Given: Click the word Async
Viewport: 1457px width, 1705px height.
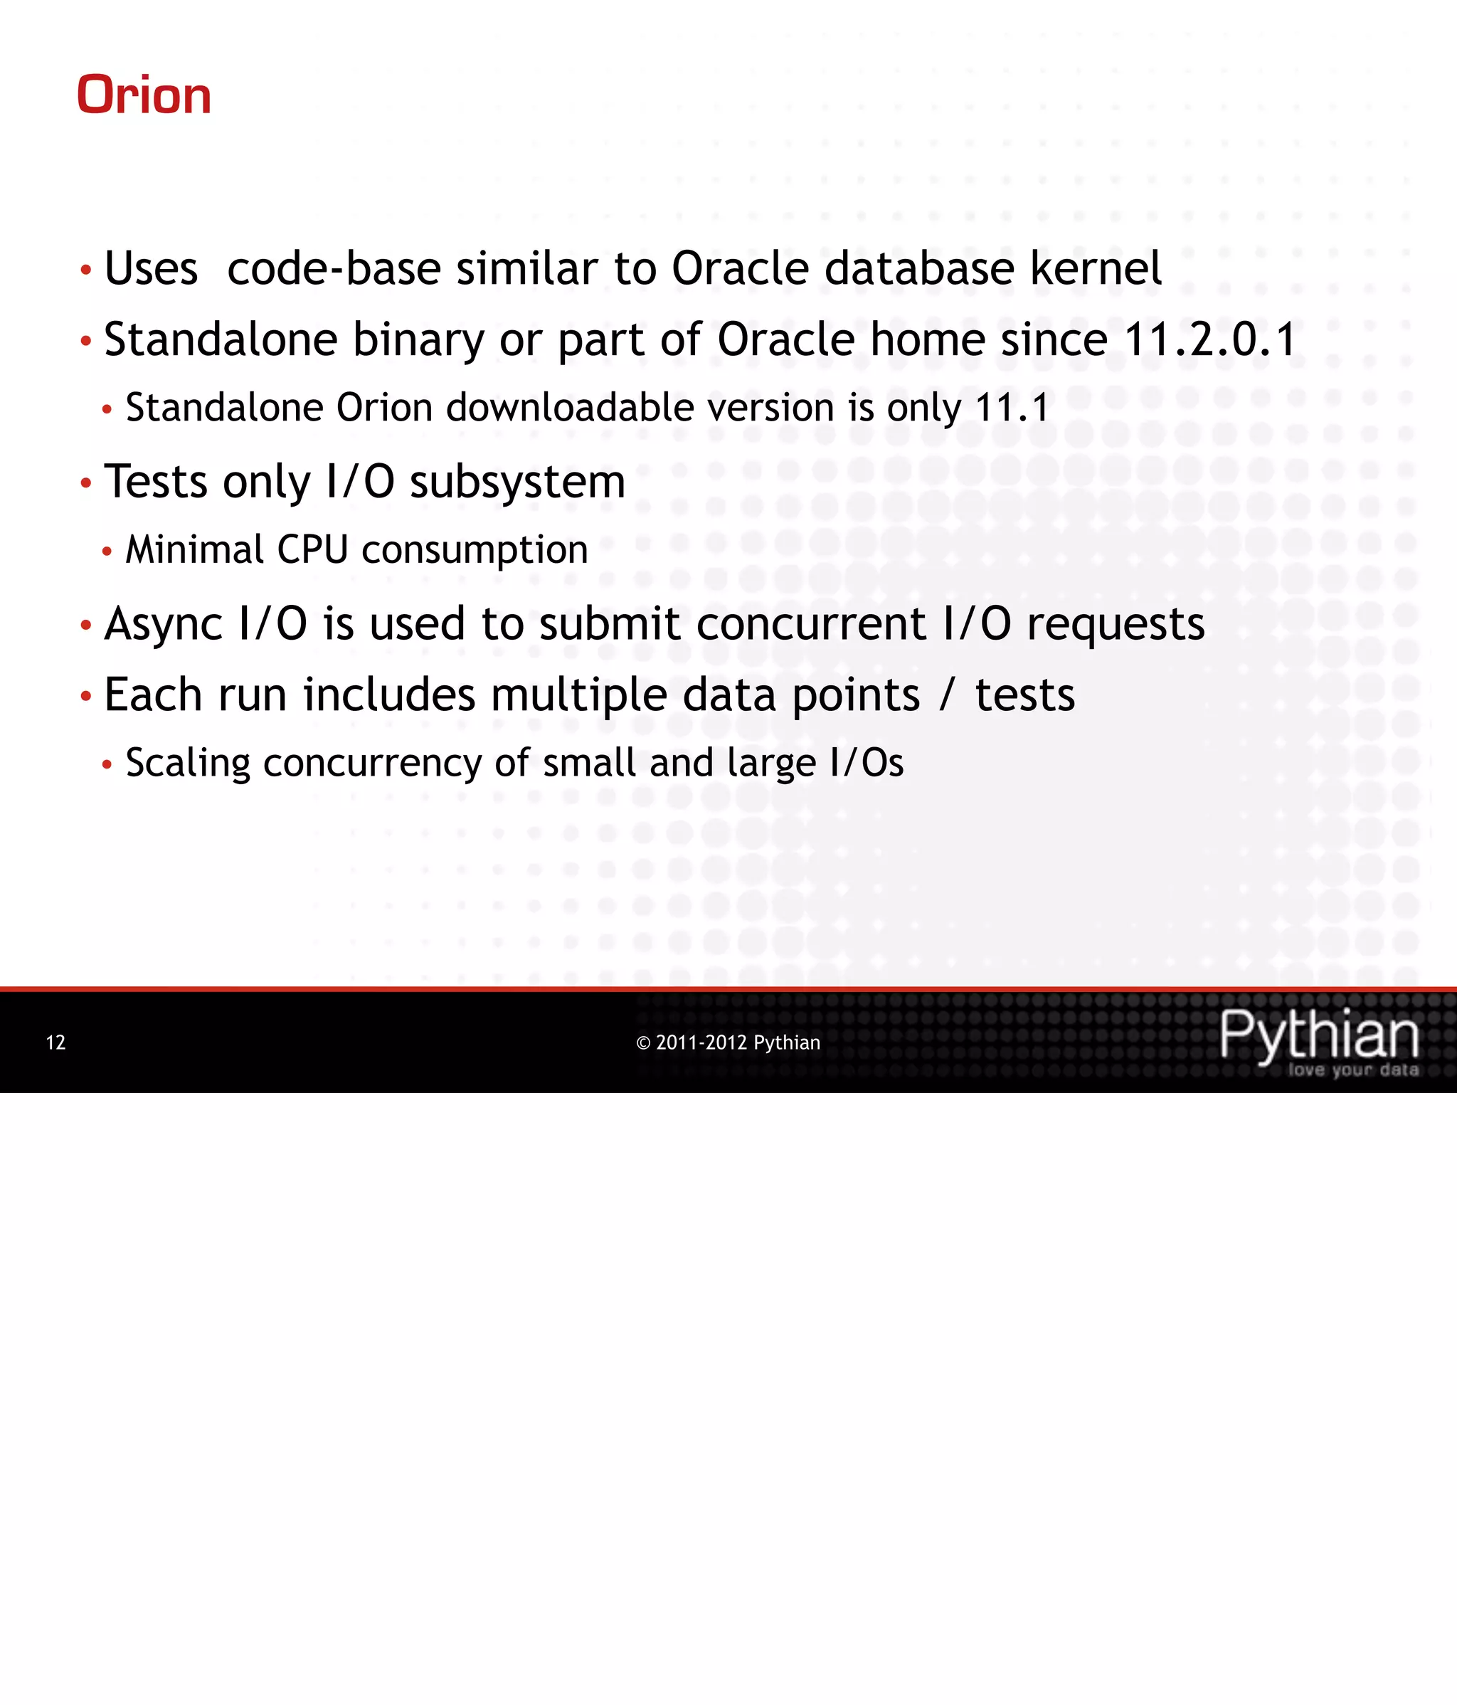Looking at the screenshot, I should pyautogui.click(x=163, y=624).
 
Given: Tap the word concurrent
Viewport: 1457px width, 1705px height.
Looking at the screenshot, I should pyautogui.click(x=810, y=624).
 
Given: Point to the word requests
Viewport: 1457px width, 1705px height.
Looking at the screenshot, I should pyautogui.click(x=1116, y=624).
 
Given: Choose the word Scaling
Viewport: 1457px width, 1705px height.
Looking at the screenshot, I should pyautogui.click(x=188, y=763).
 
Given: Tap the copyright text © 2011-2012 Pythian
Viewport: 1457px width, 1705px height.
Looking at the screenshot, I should pyautogui.click(x=728, y=1042).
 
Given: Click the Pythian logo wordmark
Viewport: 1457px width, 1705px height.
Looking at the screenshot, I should pyautogui.click(x=1319, y=1035).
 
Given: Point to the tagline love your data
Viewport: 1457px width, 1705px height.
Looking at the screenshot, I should pyautogui.click(x=1352, y=1070).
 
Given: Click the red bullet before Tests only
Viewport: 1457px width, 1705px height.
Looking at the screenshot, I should pyautogui.click(x=85, y=483).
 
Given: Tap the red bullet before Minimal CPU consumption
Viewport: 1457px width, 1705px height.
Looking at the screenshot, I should pyautogui.click(x=106, y=551).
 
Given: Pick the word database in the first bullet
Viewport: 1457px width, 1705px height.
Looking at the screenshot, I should pyautogui.click(x=919, y=268).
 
